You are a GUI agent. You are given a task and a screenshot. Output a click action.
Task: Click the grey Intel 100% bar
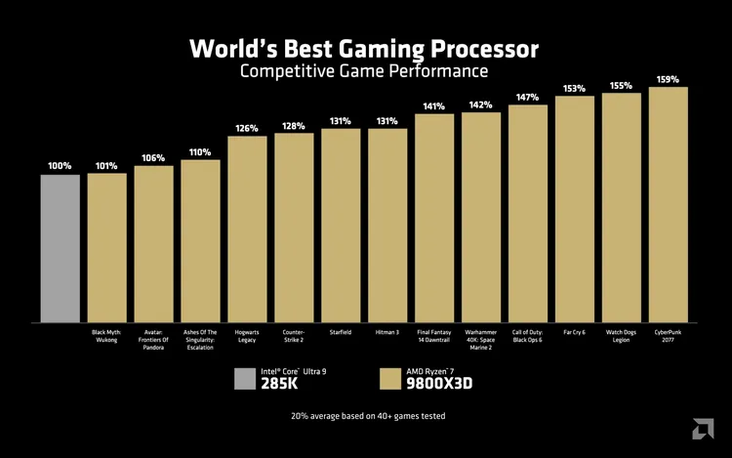60,248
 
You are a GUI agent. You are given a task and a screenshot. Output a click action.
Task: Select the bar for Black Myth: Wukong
106,248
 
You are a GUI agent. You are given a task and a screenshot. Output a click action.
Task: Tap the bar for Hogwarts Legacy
247,229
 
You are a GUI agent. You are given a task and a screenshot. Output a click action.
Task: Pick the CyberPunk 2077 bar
669,205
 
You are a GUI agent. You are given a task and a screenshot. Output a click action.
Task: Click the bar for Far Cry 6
575,209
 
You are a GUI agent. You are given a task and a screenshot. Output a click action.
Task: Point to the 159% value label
669,79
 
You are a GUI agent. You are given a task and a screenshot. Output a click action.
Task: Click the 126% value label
247,128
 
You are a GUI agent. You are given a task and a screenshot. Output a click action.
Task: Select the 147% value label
528,97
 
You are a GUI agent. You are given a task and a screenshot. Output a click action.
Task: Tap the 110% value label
200,152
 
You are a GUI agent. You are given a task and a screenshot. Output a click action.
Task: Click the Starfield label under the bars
341,332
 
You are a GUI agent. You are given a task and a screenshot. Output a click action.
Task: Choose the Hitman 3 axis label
387,332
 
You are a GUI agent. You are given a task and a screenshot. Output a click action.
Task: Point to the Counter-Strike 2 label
294,336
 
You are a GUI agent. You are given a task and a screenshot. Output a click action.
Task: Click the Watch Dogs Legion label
622,336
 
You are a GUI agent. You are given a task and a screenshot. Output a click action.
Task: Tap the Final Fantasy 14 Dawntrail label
434,336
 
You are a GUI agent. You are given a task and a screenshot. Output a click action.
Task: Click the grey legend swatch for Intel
246,379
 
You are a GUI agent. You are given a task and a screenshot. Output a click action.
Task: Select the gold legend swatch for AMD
390,379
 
